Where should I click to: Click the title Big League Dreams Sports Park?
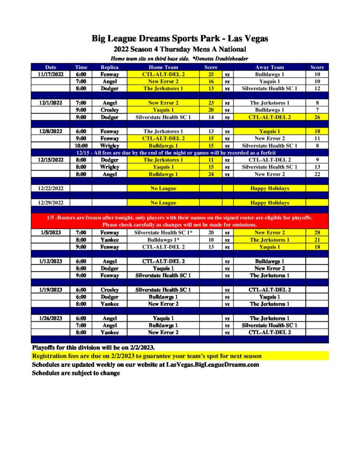[x=180, y=39]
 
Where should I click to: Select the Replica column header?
[x=109, y=67]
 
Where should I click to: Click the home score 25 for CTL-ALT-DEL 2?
[x=211, y=74]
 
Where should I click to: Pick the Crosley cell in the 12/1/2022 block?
[x=109, y=110]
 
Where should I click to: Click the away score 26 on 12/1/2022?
[x=317, y=117]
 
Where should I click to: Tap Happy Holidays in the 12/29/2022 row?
[x=269, y=203]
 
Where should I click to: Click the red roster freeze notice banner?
[x=180, y=221]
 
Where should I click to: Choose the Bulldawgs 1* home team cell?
[x=163, y=239]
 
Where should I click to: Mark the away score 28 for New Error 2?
[x=317, y=232]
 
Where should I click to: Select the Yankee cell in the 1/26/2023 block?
[x=109, y=332]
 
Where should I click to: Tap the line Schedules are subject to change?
[x=76, y=373]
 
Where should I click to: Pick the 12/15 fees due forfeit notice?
[x=180, y=152]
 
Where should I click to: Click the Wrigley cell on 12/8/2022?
[x=109, y=145]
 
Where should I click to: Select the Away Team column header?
[x=269, y=67]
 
